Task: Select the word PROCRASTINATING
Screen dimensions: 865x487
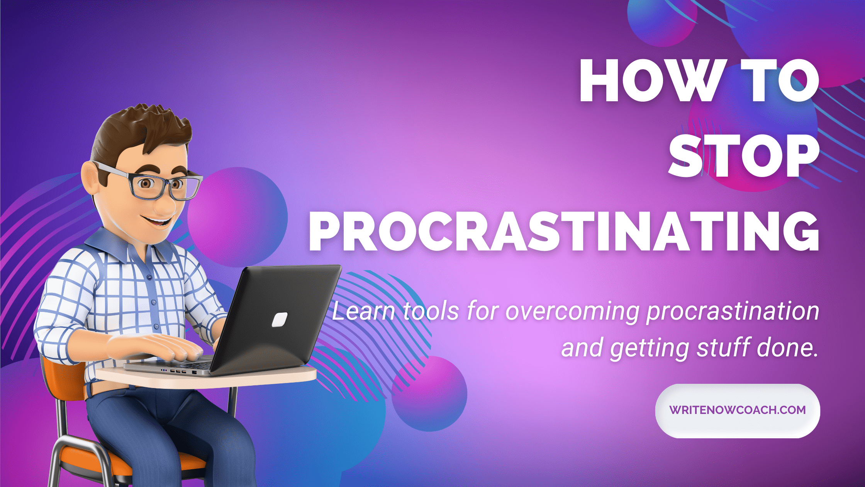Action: [564, 231]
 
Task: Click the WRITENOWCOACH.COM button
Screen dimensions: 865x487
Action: [738, 410]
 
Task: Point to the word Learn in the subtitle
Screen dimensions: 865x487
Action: [363, 311]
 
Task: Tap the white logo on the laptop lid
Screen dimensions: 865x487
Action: [280, 320]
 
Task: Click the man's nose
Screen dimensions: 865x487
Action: [165, 205]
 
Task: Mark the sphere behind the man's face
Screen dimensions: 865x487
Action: [238, 216]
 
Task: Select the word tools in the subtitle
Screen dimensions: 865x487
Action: [431, 311]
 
